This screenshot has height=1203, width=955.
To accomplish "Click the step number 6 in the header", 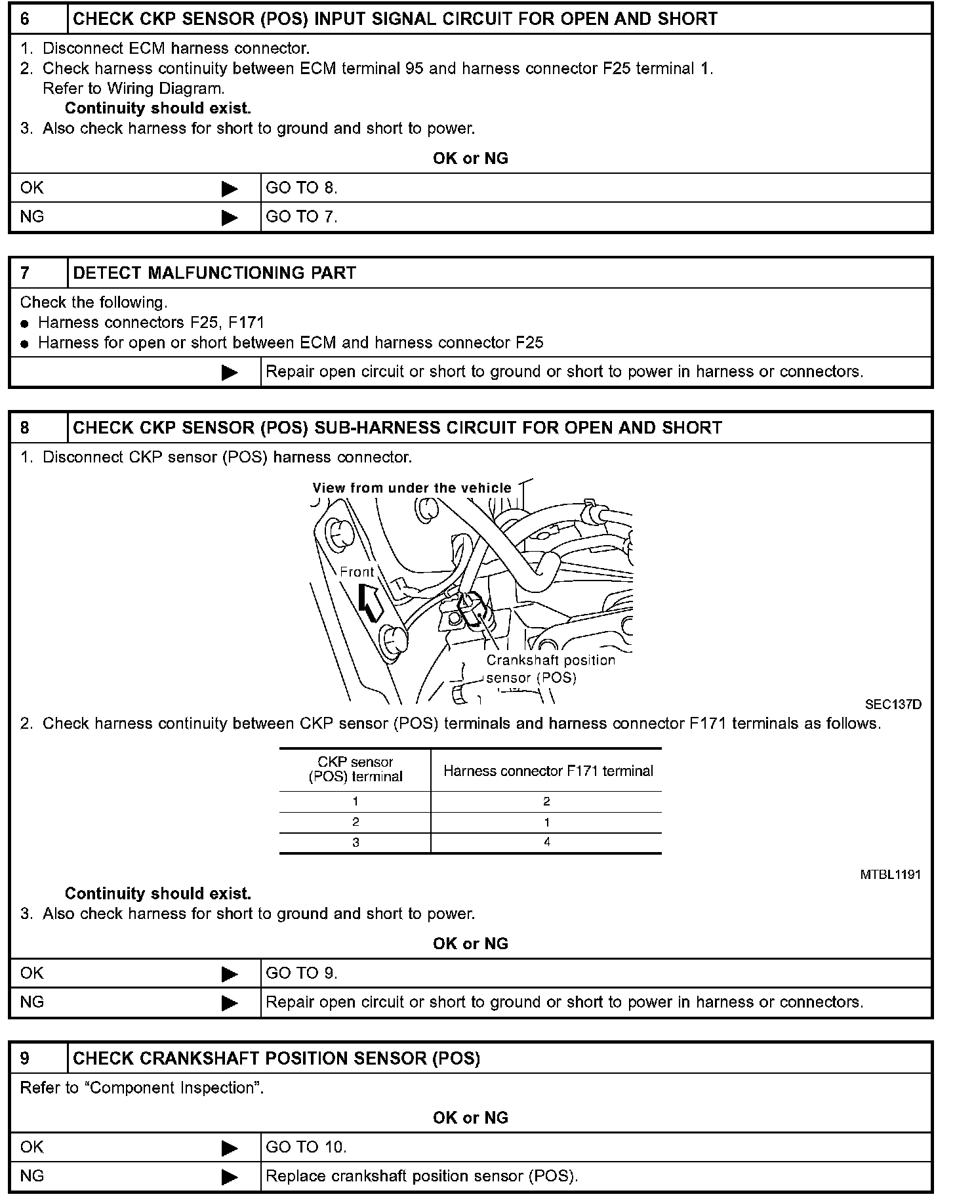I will (25, 18).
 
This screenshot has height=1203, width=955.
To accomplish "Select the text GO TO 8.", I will (302, 188).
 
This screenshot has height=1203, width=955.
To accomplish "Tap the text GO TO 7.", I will (302, 217).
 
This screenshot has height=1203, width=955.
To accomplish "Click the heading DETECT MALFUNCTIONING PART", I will (214, 273).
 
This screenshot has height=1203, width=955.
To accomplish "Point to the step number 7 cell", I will (25, 273).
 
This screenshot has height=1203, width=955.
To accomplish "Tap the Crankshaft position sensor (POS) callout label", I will (550, 669).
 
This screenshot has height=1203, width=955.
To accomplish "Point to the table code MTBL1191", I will (890, 874).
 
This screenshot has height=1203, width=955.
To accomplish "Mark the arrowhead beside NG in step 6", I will (230, 218).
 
